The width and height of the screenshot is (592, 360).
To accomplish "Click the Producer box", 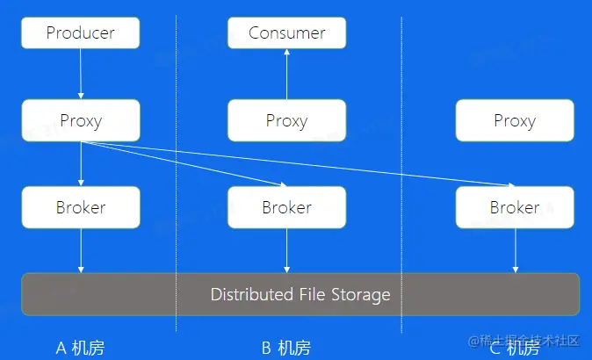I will click(x=80, y=33).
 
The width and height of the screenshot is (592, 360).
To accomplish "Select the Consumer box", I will click(x=286, y=33).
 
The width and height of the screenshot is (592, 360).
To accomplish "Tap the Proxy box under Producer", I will click(x=80, y=120).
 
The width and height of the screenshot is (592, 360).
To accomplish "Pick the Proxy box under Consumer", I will click(x=286, y=120).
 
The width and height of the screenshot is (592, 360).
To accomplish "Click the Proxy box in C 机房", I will click(x=515, y=120).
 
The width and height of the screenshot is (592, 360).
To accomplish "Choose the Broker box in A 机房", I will click(x=80, y=208).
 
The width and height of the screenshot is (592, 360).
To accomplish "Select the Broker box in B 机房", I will click(x=286, y=208).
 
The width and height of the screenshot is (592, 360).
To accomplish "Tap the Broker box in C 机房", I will click(x=515, y=208).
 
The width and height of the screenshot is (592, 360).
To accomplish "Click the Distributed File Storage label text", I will click(x=300, y=294).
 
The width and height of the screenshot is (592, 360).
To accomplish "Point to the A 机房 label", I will click(x=80, y=348).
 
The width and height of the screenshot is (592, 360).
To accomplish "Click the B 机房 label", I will click(x=286, y=348).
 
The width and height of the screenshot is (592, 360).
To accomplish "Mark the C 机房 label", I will click(x=515, y=348).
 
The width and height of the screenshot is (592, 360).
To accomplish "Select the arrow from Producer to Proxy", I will click(x=80, y=74).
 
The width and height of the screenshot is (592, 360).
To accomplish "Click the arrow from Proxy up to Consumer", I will click(x=286, y=74).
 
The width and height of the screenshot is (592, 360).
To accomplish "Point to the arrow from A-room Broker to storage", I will click(x=80, y=251).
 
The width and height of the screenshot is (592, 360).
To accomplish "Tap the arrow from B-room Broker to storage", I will click(x=286, y=251).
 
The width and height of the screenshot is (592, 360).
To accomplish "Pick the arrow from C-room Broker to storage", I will click(x=515, y=251).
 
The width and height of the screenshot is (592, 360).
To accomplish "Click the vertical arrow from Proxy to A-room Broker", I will click(x=80, y=164).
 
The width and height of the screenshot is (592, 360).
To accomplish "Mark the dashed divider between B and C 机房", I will click(x=402, y=176).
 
